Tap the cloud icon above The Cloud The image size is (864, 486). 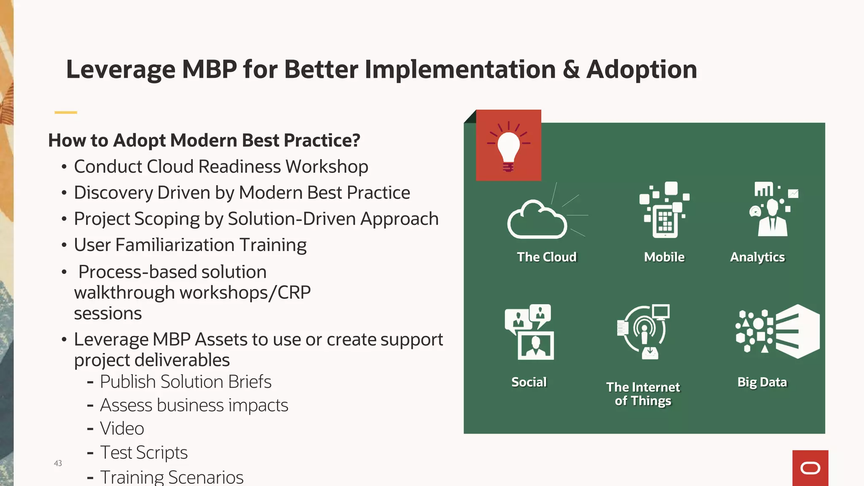pyautogui.click(x=537, y=220)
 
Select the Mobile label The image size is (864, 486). pyautogui.click(x=664, y=257)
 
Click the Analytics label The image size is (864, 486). pyautogui.click(x=757, y=257)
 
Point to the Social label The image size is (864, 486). pyautogui.click(x=529, y=382)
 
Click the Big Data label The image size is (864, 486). pyautogui.click(x=762, y=382)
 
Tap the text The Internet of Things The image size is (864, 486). pyautogui.click(x=643, y=394)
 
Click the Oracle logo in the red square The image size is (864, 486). pyautogui.click(x=810, y=468)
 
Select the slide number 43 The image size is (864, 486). pyautogui.click(x=58, y=463)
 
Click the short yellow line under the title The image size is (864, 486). pyautogui.click(x=66, y=112)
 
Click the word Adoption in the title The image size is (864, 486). pyautogui.click(x=641, y=69)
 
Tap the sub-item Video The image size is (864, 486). pyautogui.click(x=122, y=429)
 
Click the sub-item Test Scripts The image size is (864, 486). pyautogui.click(x=143, y=453)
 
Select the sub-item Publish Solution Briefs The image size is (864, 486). pyautogui.click(x=186, y=382)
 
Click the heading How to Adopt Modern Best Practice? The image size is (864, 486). pyautogui.click(x=204, y=140)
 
